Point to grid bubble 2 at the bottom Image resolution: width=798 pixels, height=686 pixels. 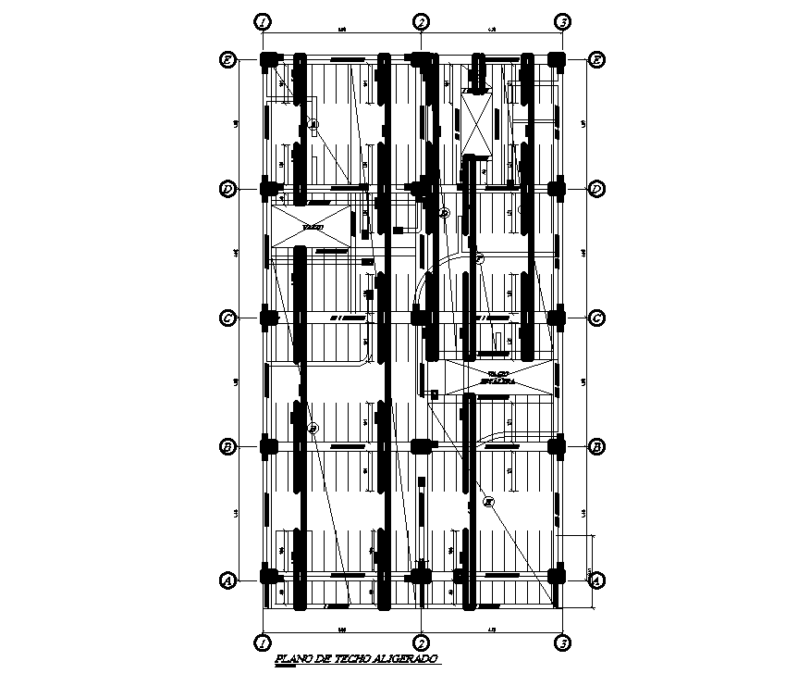[x=421, y=642]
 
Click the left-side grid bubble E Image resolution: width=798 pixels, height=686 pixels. [x=227, y=60]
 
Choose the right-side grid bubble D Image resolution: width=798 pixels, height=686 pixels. [x=597, y=189]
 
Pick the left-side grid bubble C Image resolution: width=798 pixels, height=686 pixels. [x=227, y=318]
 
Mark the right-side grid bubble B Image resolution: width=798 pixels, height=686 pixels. [x=597, y=447]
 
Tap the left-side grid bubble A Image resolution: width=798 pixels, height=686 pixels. [x=227, y=580]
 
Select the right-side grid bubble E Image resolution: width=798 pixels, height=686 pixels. [x=597, y=60]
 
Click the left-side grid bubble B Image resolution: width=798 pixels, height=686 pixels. [x=227, y=447]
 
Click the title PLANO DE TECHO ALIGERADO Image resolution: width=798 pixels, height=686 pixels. [x=356, y=658]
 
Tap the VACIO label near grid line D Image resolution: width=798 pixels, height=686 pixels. [x=313, y=227]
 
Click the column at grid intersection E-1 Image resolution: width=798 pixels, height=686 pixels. [x=269, y=61]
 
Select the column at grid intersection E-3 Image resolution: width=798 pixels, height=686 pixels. [x=557, y=61]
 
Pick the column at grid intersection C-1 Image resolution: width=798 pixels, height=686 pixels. [x=269, y=318]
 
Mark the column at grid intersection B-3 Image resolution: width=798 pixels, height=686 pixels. [x=557, y=447]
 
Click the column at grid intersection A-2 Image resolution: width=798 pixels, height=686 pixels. [x=421, y=578]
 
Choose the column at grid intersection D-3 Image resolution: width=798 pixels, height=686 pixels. [x=557, y=189]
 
